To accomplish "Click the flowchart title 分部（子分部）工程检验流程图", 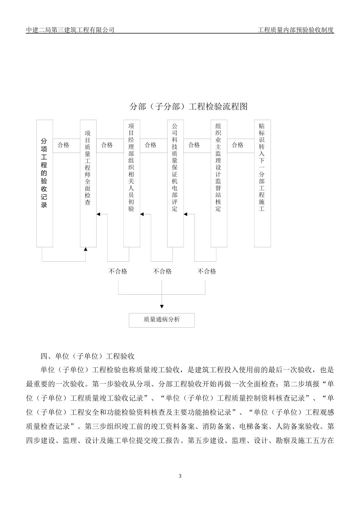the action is coord(188,107).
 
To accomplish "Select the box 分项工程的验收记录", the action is coord(44,183).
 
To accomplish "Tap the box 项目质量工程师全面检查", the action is coord(88,183).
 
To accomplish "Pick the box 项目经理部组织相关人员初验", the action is coord(131,183).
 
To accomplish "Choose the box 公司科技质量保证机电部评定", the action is coord(175,183).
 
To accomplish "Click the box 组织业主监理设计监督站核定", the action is coord(219,183).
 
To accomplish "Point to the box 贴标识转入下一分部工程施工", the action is coord(262,183).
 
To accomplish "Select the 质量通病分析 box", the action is coord(162,320).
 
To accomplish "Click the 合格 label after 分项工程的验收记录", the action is coord(64,145).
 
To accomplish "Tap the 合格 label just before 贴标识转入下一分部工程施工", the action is coord(238,145).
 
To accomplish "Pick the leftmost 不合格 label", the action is coord(118,271).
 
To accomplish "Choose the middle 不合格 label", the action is coord(162,271).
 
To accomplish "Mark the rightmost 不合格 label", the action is coord(207,271).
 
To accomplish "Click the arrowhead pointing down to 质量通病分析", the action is coord(162,306).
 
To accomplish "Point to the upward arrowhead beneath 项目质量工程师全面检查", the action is coord(86,249).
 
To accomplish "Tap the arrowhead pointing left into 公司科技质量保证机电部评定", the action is coord(186,214).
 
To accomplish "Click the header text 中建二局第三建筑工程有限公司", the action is coord(70,30).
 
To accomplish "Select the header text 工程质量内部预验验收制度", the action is coord(296,30).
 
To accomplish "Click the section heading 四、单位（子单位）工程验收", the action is coord(88,356).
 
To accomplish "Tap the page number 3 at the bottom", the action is coord(180,476).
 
